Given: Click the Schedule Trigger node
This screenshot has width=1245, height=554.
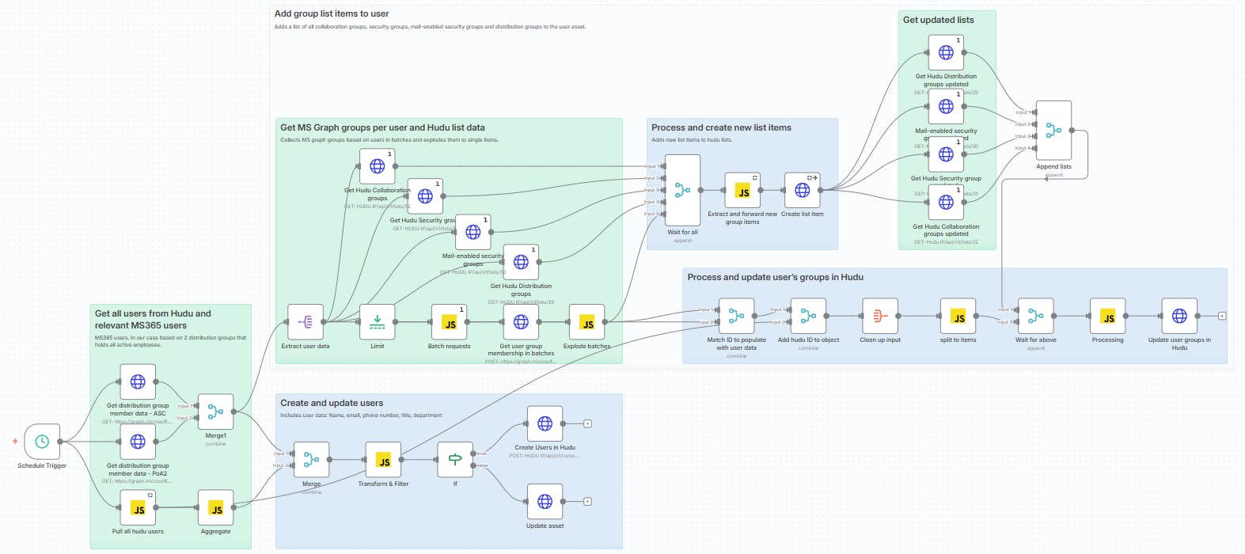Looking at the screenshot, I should point(42,442).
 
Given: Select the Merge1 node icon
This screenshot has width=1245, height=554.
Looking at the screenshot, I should point(215,412).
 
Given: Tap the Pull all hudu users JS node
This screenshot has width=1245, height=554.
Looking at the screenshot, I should point(138,508).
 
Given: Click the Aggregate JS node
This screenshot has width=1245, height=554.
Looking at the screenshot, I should point(215,508).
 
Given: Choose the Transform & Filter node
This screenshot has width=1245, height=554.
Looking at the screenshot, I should point(383,460).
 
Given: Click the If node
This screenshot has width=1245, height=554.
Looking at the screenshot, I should point(455,460).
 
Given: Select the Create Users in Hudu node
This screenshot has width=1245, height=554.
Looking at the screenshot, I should point(545,424).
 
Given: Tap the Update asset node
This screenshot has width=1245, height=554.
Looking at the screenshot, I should point(545,502).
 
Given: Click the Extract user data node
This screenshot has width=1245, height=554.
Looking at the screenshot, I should point(306,322).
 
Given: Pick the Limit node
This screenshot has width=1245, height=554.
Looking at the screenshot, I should point(378,322).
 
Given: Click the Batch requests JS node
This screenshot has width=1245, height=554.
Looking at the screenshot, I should point(449,322).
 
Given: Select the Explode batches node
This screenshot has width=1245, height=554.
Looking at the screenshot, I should point(586,322).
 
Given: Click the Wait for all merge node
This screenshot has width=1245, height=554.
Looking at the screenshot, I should point(682,191).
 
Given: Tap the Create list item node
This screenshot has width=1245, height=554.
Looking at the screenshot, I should point(802,191).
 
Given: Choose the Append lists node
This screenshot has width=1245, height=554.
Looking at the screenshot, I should point(1053,131).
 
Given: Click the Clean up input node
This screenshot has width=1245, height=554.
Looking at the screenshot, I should point(879,317).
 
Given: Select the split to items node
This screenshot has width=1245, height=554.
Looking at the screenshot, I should point(958,317).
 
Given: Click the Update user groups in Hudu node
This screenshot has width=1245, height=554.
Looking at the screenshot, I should point(1179,317).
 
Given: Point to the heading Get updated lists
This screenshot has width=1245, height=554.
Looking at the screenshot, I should point(938,20).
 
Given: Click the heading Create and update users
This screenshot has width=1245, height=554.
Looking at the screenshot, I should point(332,403).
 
